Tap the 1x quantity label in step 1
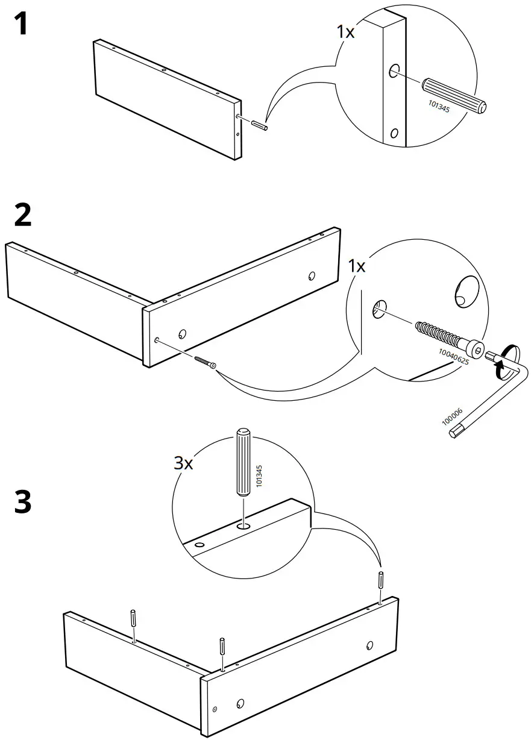click(x=345, y=32)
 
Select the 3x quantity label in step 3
click(x=183, y=463)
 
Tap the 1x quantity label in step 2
click(x=357, y=266)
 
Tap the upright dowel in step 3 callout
click(x=243, y=462)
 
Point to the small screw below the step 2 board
click(x=205, y=362)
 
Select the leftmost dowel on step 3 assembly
click(x=133, y=618)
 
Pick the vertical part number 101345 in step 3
click(x=259, y=475)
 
